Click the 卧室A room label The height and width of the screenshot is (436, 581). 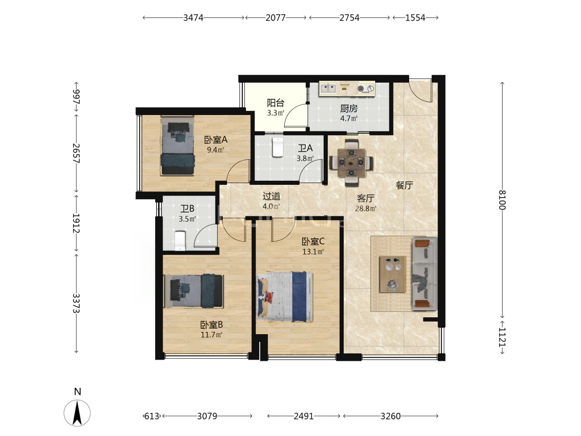[x=215, y=140]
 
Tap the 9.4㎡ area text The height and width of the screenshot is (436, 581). [x=215, y=150]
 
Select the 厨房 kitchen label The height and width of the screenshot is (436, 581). [x=349, y=109]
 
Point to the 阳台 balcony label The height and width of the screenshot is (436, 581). [x=275, y=103]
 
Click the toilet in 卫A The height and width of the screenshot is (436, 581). [x=277, y=147]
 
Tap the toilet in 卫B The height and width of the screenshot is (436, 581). [x=180, y=241]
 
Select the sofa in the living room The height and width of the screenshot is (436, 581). [x=424, y=274]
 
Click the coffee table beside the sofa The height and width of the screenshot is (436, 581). [x=393, y=274]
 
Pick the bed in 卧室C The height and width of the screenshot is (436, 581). [x=285, y=297]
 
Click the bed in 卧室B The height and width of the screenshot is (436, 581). [x=194, y=291]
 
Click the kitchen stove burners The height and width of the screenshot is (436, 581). [x=365, y=88]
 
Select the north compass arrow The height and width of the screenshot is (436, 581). [x=77, y=412]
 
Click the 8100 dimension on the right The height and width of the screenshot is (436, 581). [x=502, y=200]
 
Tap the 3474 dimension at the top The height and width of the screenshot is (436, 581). [x=193, y=17]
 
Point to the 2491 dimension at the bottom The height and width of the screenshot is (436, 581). [x=303, y=416]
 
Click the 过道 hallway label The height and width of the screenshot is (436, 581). [x=271, y=196]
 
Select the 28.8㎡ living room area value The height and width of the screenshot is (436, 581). [x=366, y=209]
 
